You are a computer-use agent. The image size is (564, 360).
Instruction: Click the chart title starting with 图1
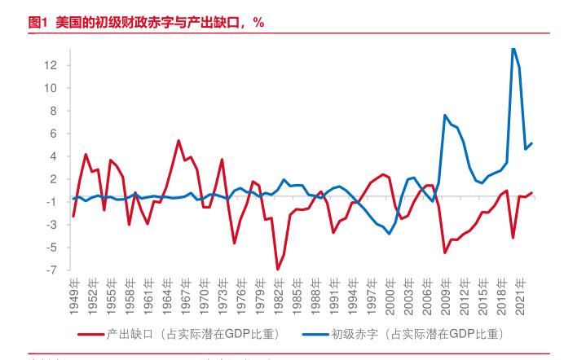(147, 23)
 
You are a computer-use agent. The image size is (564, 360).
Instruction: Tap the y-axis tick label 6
(52, 134)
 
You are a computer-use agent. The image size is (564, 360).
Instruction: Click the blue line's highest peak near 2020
(513, 49)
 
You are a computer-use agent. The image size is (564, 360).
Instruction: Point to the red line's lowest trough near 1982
(278, 269)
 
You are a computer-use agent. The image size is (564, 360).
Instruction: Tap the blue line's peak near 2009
(445, 115)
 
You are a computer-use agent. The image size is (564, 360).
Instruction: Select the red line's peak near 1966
(178, 141)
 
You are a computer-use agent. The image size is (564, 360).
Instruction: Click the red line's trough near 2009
(445, 252)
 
